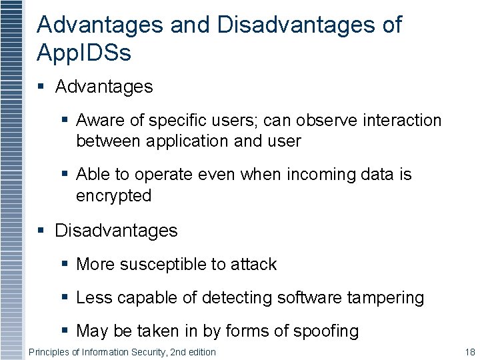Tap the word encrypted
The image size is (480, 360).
pyautogui.click(x=114, y=196)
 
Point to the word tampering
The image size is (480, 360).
pyautogui.click(x=385, y=297)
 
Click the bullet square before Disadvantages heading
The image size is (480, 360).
pyautogui.click(x=41, y=231)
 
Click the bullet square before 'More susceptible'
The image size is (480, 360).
pyautogui.click(x=64, y=264)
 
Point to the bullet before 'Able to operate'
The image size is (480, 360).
pyautogui.click(x=64, y=174)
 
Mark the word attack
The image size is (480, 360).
pyautogui.click(x=253, y=264)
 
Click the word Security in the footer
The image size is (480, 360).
pyautogui.click(x=145, y=352)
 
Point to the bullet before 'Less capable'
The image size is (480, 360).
pyautogui.click(x=64, y=297)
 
